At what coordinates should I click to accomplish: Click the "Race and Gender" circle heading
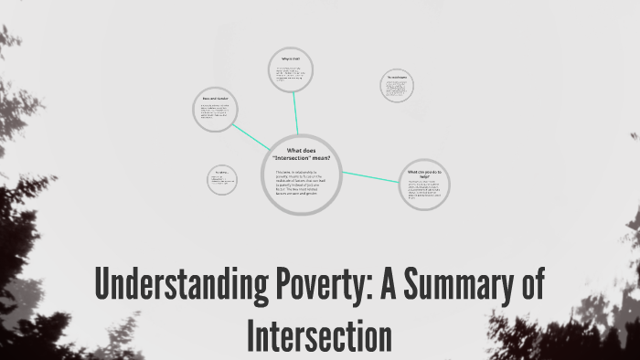pos(216,98)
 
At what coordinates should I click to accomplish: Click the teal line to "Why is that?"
pos(296,114)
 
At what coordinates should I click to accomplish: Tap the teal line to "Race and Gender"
pos(251,137)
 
